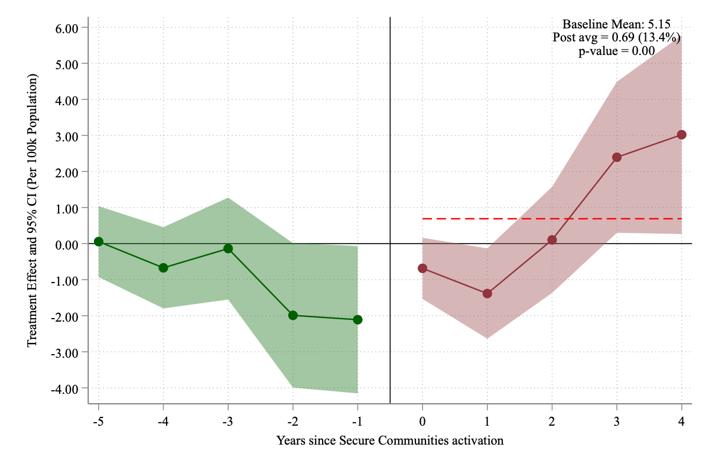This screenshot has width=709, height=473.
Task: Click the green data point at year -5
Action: point(99,241)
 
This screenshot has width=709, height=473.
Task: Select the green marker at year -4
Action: point(163,268)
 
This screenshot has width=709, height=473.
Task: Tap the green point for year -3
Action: point(228,248)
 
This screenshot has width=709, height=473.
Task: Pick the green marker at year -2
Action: point(292,315)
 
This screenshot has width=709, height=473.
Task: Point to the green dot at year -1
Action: point(357,320)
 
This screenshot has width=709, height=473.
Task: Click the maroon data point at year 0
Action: point(422,268)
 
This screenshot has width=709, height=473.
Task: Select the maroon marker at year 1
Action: point(487,293)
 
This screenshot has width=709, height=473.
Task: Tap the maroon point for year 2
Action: point(552,240)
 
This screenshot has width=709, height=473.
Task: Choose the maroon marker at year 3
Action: point(617,157)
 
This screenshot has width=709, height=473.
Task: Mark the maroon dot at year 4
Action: point(682,135)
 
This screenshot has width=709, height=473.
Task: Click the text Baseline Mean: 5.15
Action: point(616,24)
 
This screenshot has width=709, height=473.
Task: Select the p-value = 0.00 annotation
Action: point(616,51)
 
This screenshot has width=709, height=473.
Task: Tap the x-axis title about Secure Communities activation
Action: point(390,440)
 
